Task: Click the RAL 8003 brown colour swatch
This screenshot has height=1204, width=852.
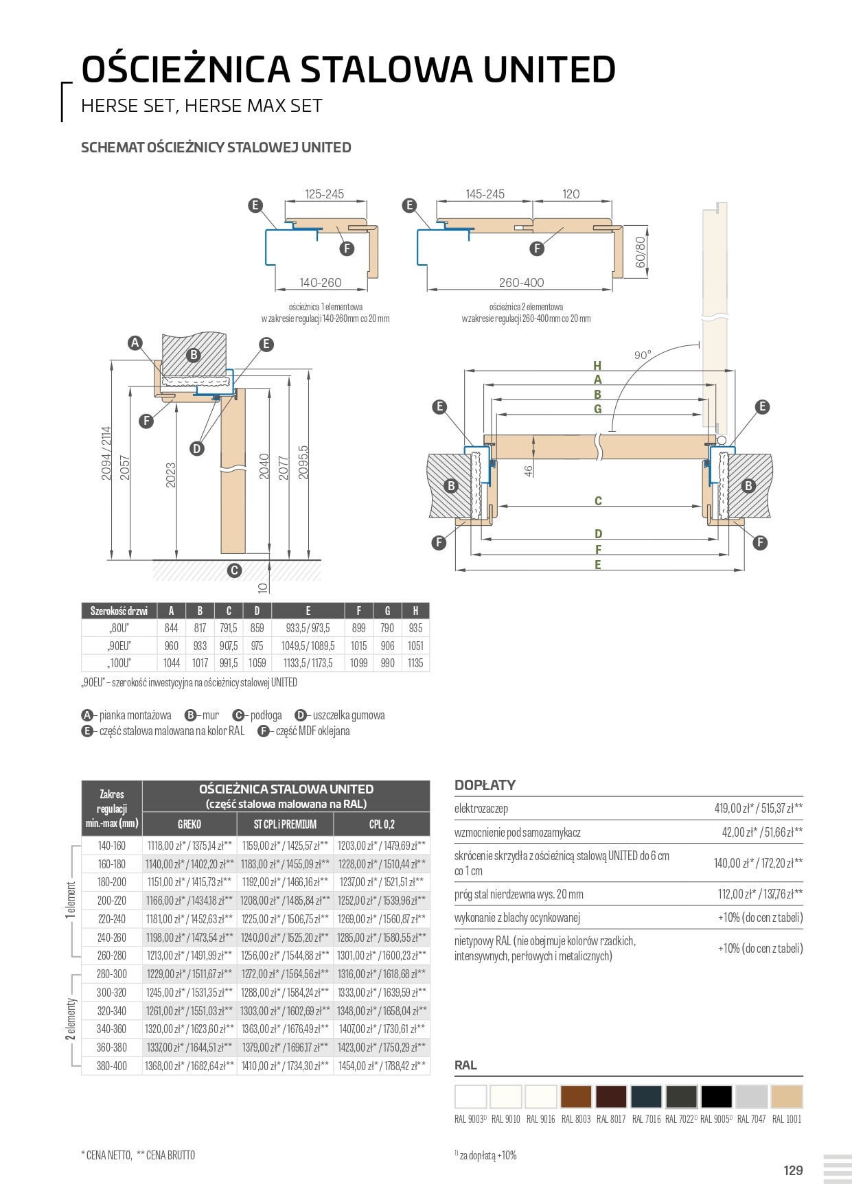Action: tap(575, 1096)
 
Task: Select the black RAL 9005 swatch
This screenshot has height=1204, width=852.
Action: tap(716, 1096)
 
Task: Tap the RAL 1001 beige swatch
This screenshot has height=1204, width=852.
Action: tap(786, 1096)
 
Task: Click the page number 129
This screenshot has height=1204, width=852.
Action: tap(793, 1170)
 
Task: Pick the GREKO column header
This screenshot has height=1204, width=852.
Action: tap(189, 824)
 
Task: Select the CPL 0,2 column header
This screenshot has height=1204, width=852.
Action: tap(382, 824)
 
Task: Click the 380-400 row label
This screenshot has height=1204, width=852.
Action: tap(112, 1065)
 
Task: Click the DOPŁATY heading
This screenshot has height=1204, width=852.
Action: tap(485, 785)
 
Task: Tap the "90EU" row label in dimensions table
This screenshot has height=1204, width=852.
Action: tap(119, 645)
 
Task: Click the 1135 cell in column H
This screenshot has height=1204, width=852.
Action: tap(415, 663)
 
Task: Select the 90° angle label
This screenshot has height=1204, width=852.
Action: tap(642, 355)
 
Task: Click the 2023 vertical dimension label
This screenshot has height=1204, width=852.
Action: tap(171, 475)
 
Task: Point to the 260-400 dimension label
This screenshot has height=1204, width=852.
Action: tap(521, 282)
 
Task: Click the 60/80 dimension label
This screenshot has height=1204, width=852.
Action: tap(640, 252)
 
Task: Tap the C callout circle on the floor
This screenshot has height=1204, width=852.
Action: tap(234, 570)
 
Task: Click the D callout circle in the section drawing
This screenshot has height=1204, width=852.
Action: tap(197, 449)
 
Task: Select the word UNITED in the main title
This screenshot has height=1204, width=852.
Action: tap(549, 69)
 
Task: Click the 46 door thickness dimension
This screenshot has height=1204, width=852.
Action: tap(528, 471)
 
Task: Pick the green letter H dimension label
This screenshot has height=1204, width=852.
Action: tap(597, 366)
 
